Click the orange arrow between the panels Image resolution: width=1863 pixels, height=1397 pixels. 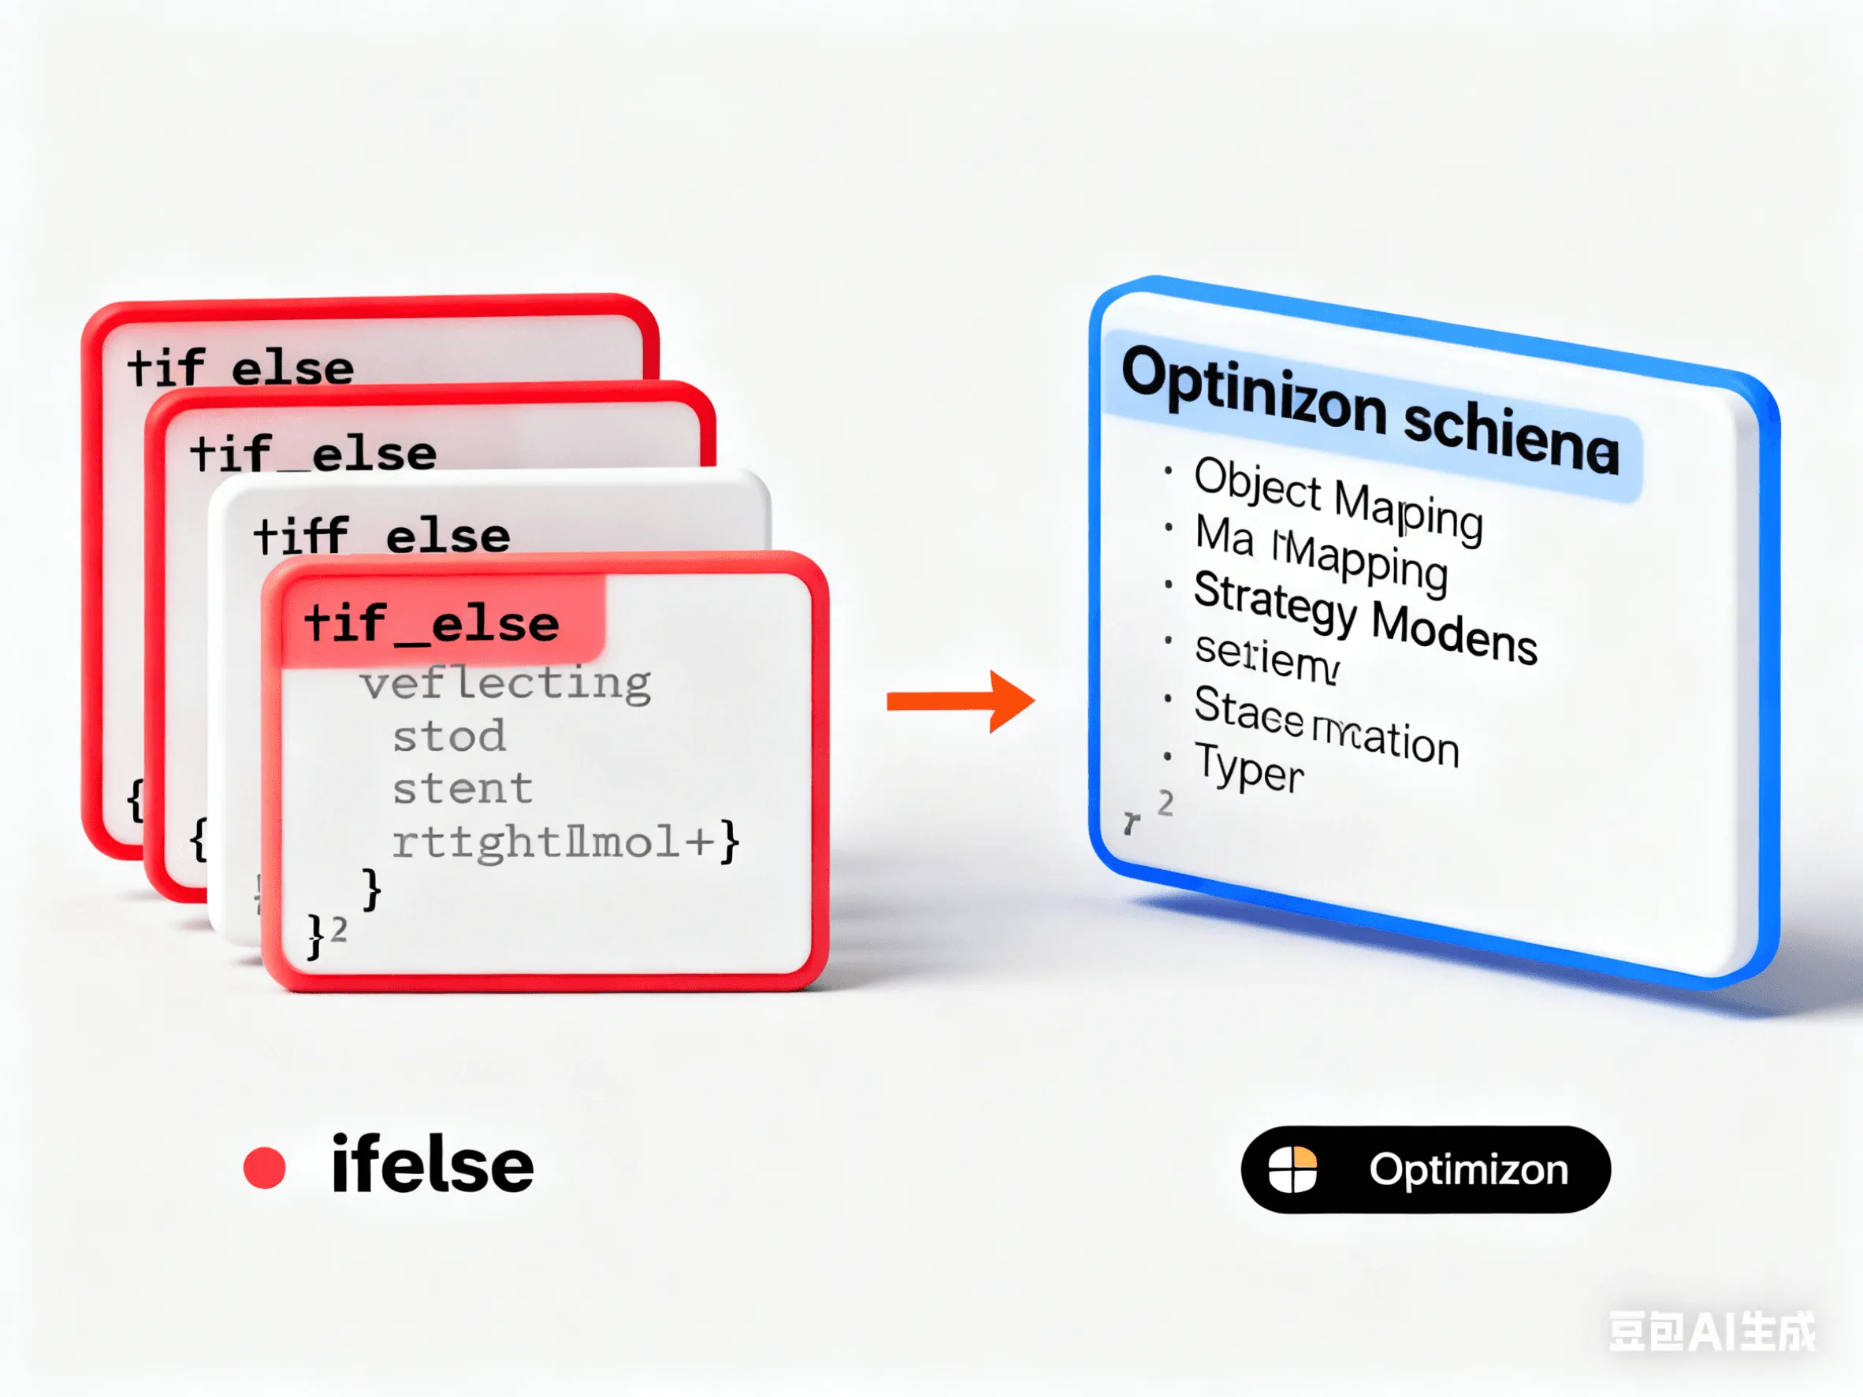[x=960, y=700]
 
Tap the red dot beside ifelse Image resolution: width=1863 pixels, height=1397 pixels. [x=265, y=1168]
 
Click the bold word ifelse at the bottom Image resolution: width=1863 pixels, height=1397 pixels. [x=432, y=1166]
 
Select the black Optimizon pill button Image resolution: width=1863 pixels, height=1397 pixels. [x=1425, y=1169]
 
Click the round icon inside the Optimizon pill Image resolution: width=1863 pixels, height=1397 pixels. [x=1292, y=1169]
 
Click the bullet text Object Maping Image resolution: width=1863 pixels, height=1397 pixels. [x=1337, y=499]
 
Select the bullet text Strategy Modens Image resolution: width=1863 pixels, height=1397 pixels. [x=1364, y=617]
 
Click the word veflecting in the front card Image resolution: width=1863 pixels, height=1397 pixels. [x=505, y=683]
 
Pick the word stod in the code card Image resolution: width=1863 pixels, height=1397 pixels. [x=449, y=737]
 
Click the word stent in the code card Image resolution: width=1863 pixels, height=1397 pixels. [x=463, y=789]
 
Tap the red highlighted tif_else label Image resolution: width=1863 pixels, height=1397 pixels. [x=432, y=624]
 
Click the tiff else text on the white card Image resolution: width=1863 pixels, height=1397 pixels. [x=381, y=537]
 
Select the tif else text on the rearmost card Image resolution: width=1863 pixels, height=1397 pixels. [x=241, y=369]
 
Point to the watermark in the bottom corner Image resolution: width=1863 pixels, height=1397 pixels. [x=1712, y=1332]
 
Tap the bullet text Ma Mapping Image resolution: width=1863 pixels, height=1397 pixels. [x=1321, y=553]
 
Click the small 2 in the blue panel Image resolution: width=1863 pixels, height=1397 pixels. [x=1165, y=804]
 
